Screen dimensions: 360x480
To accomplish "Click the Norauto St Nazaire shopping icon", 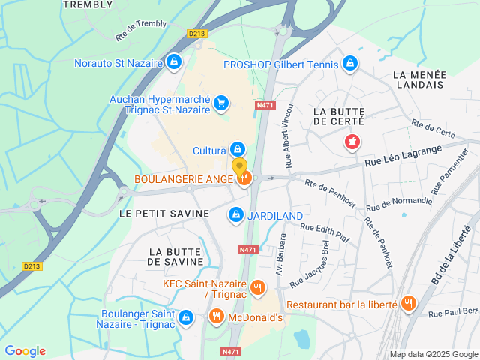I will tap(174, 61).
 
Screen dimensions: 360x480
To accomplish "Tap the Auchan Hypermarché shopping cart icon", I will tap(220, 103).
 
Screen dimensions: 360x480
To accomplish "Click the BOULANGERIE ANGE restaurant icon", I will tap(244, 178).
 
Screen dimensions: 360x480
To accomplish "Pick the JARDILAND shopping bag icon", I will tap(236, 215).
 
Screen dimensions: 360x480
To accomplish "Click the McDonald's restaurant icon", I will tap(216, 317).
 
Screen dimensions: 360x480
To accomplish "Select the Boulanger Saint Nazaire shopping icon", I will tap(186, 318).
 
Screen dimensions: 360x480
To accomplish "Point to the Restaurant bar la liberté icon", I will tap(408, 304).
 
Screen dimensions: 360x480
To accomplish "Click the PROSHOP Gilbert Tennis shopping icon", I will tap(349, 64).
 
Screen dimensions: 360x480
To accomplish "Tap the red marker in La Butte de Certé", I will tap(351, 141).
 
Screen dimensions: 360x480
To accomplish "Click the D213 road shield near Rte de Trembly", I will tap(197, 34).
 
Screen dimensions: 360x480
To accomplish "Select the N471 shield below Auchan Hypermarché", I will tap(265, 106).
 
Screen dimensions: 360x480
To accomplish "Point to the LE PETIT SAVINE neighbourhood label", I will tap(164, 214).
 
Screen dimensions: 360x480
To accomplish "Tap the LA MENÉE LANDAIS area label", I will tap(419, 79).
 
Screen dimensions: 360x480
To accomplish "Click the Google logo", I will tap(25, 351).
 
